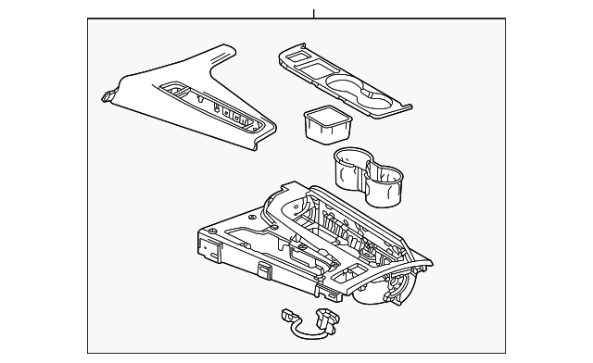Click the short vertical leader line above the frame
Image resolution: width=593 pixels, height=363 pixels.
314,12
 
